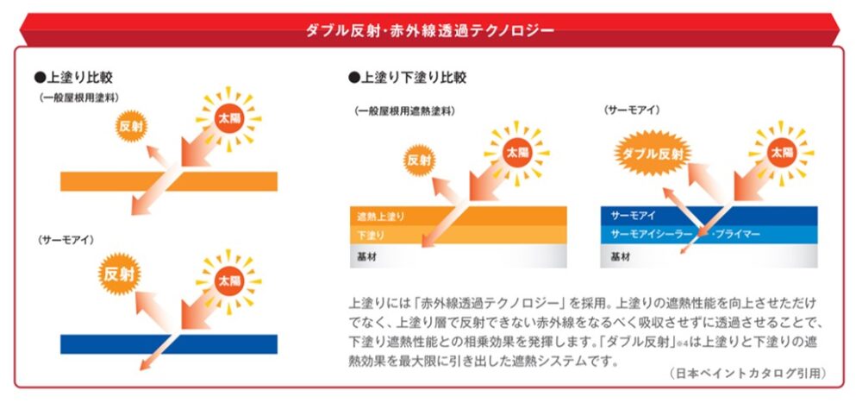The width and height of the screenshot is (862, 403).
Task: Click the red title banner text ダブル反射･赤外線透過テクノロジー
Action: click(x=430, y=30)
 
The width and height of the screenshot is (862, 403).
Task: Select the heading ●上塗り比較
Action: click(x=73, y=77)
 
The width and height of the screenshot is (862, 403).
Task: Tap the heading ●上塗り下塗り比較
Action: click(x=408, y=78)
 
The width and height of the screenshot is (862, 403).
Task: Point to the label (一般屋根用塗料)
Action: click(x=79, y=98)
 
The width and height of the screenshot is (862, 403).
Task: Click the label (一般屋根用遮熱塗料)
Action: click(x=404, y=111)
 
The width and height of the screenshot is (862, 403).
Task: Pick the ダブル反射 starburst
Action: click(x=653, y=153)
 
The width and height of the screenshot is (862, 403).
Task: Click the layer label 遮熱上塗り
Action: click(x=380, y=217)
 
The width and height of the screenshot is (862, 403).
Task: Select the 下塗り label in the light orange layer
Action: click(x=371, y=236)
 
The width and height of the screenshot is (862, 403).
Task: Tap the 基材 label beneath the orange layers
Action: click(x=366, y=256)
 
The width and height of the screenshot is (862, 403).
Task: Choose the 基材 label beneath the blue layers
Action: click(x=621, y=256)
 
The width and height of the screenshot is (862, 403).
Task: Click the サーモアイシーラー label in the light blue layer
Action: click(x=652, y=235)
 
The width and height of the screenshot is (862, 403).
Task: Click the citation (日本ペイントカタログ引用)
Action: click(x=748, y=374)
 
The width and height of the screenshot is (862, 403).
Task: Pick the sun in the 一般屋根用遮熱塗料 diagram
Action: click(x=516, y=153)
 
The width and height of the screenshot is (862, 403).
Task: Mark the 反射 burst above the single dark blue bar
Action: click(x=119, y=274)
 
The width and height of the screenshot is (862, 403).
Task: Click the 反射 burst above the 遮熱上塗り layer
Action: click(x=420, y=161)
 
